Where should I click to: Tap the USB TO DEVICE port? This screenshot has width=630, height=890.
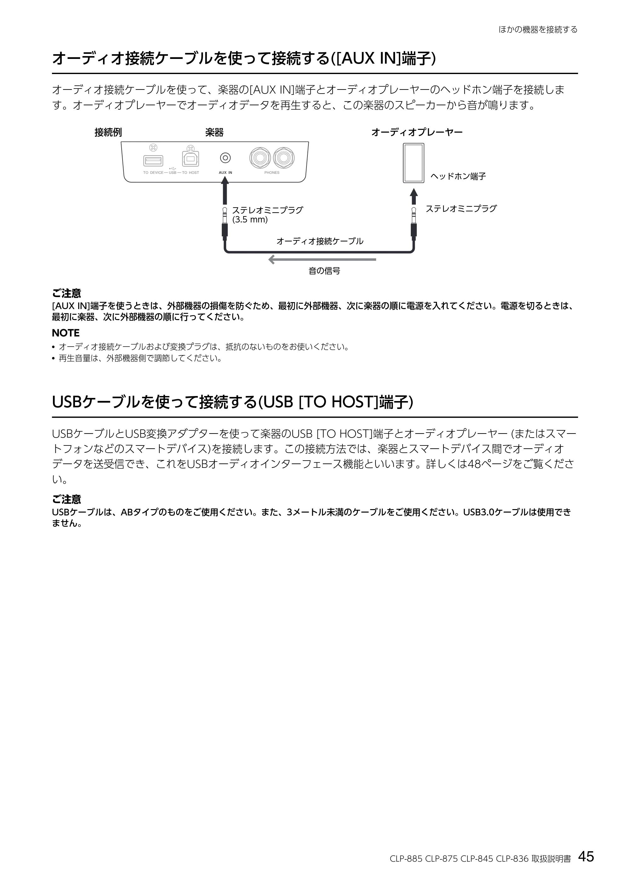[153, 160]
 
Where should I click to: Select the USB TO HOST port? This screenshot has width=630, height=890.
[191, 159]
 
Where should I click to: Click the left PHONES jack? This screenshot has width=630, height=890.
[260, 158]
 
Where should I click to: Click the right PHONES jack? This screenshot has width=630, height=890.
[283, 158]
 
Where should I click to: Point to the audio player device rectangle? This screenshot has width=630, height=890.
[414, 163]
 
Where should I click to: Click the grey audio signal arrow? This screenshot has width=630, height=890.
[322, 259]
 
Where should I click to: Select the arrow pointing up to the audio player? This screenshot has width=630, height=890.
[414, 196]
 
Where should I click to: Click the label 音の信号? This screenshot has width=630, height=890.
[324, 271]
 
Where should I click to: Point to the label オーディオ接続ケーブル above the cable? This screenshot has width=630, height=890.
[320, 241]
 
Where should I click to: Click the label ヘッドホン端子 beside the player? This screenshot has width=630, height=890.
[458, 176]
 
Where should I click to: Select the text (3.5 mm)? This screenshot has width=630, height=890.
[250, 220]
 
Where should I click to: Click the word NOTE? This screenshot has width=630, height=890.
[66, 333]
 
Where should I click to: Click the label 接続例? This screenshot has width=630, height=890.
[108, 132]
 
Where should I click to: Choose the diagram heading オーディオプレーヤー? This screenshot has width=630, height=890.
[417, 132]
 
